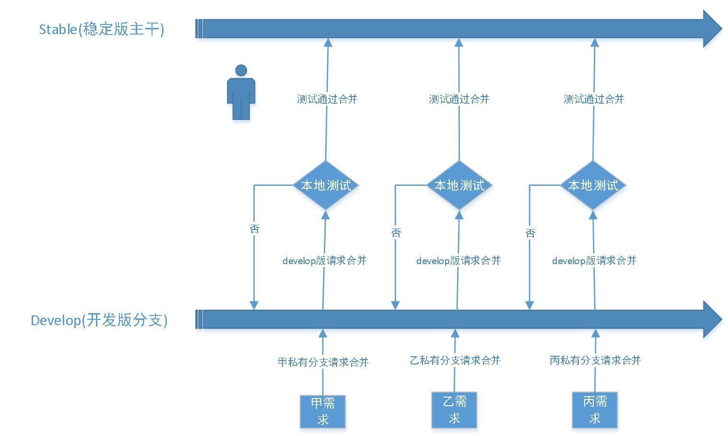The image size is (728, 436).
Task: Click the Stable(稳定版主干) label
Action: (101, 29)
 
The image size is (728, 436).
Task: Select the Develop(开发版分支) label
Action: (99, 320)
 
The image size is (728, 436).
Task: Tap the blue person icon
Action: (241, 92)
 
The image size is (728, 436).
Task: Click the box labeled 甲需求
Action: (323, 411)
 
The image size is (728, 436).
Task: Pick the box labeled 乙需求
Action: (454, 410)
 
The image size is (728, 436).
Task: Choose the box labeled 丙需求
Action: (595, 410)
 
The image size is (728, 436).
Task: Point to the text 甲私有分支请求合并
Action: (323, 362)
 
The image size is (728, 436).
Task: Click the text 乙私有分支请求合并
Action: (455, 360)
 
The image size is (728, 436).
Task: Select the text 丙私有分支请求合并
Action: (595, 360)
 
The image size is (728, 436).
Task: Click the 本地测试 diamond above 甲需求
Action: (326, 185)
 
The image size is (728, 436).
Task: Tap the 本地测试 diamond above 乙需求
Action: (459, 185)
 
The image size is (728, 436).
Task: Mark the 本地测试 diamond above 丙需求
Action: (593, 185)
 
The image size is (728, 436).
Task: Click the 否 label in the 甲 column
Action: (254, 229)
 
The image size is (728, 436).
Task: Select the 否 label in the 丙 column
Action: (530, 233)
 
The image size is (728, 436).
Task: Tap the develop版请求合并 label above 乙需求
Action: (458, 261)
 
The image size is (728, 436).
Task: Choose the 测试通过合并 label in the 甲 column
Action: (327, 99)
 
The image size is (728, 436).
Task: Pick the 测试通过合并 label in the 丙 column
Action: (594, 99)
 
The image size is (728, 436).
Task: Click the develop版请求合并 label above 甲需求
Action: (324, 261)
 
